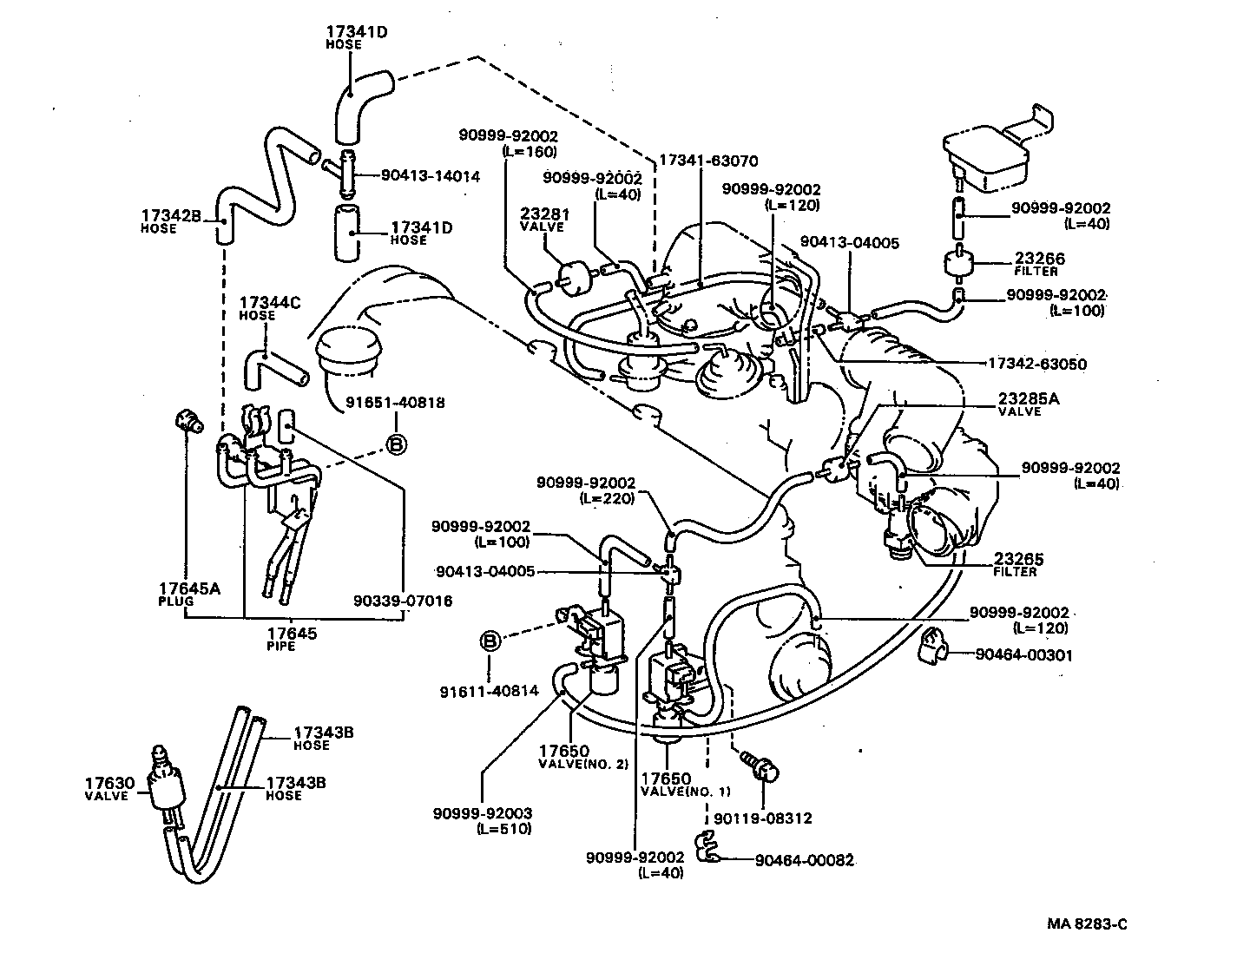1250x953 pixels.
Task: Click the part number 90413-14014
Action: pyautogui.click(x=430, y=175)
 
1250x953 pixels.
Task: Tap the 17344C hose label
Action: pyautogui.click(x=269, y=307)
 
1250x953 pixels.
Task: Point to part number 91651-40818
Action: pyautogui.click(x=396, y=403)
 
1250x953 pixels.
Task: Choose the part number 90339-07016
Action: pyautogui.click(x=403, y=600)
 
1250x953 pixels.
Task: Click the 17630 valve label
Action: pyautogui.click(x=106, y=788)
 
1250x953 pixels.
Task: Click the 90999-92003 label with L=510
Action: pyautogui.click(x=482, y=820)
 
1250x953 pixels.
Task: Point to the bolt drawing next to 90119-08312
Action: pyautogui.click(x=761, y=766)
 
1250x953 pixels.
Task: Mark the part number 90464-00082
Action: pyautogui.click(x=804, y=860)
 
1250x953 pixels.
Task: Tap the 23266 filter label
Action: pyautogui.click(x=1039, y=264)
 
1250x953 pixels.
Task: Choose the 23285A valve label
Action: pyautogui.click(x=1027, y=404)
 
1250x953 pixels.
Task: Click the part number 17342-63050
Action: pyautogui.click(x=1036, y=364)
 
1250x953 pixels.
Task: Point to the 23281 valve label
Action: pyautogui.click(x=543, y=219)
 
